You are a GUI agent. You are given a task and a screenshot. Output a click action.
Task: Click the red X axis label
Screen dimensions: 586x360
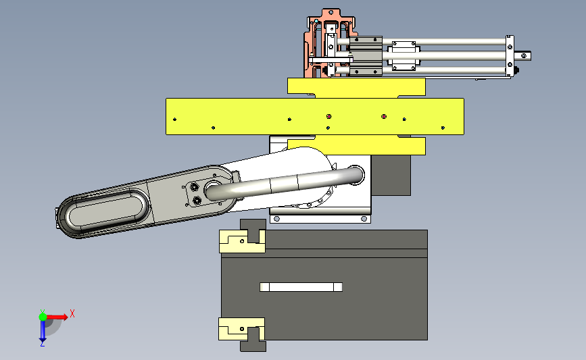tap(72, 313)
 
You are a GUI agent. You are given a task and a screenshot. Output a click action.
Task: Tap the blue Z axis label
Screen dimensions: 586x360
tap(42, 343)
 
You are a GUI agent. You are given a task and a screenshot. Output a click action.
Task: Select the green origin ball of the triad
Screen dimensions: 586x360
tap(43, 317)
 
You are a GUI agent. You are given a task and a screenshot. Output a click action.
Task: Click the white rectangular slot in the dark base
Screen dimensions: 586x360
tap(301, 287)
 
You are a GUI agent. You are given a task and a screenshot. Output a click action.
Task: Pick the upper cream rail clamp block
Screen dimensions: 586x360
tap(242, 241)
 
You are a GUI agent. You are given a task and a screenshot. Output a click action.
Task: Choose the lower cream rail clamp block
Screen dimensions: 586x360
tap(241, 329)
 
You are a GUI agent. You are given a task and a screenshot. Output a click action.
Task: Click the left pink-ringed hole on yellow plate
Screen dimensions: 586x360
tap(329, 117)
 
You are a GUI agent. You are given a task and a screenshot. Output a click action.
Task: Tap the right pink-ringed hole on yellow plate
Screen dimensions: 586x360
tap(384, 117)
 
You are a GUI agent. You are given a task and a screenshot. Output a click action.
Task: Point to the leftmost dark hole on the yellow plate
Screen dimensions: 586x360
tap(174, 120)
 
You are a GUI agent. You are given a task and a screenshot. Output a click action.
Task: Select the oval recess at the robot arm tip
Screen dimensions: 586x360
tap(105, 209)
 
